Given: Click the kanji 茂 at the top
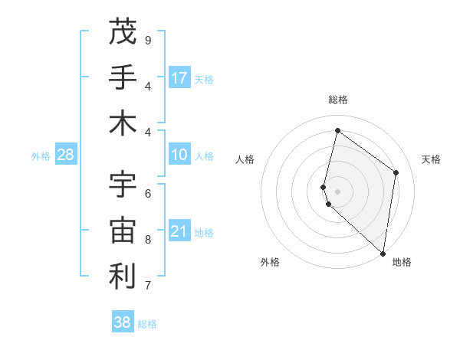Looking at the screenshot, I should [x=123, y=31].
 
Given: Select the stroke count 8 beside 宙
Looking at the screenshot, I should [x=148, y=239].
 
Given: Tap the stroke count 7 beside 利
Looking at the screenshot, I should [x=148, y=286].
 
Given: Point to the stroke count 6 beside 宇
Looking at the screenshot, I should [x=148, y=193].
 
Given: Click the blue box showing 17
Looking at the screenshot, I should [x=179, y=77].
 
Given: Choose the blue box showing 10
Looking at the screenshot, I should [x=179, y=155].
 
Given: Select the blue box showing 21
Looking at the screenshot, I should [x=179, y=231].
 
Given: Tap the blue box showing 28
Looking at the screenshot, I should [x=66, y=155].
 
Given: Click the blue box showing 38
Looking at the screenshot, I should [x=123, y=322].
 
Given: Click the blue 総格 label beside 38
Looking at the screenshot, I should [x=147, y=324].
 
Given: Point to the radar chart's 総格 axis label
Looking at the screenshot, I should [x=338, y=100].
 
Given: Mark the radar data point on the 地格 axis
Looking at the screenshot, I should [x=383, y=253].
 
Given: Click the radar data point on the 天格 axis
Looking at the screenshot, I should [x=396, y=172].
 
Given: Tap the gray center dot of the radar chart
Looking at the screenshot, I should [x=338, y=191].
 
